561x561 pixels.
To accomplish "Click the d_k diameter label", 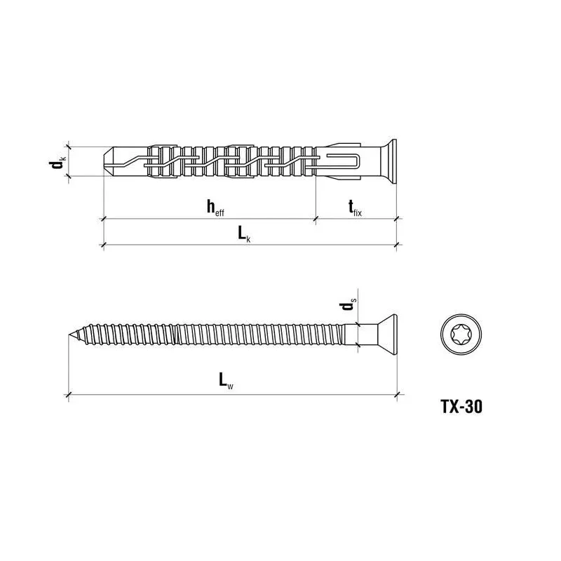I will click(x=57, y=163).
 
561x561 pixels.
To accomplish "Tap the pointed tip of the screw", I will click(x=72, y=334).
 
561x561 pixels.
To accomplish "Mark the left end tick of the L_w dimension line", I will click(x=69, y=396).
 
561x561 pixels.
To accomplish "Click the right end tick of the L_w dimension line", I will click(x=398, y=396).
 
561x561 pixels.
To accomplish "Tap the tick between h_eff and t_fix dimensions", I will click(x=315, y=219).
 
